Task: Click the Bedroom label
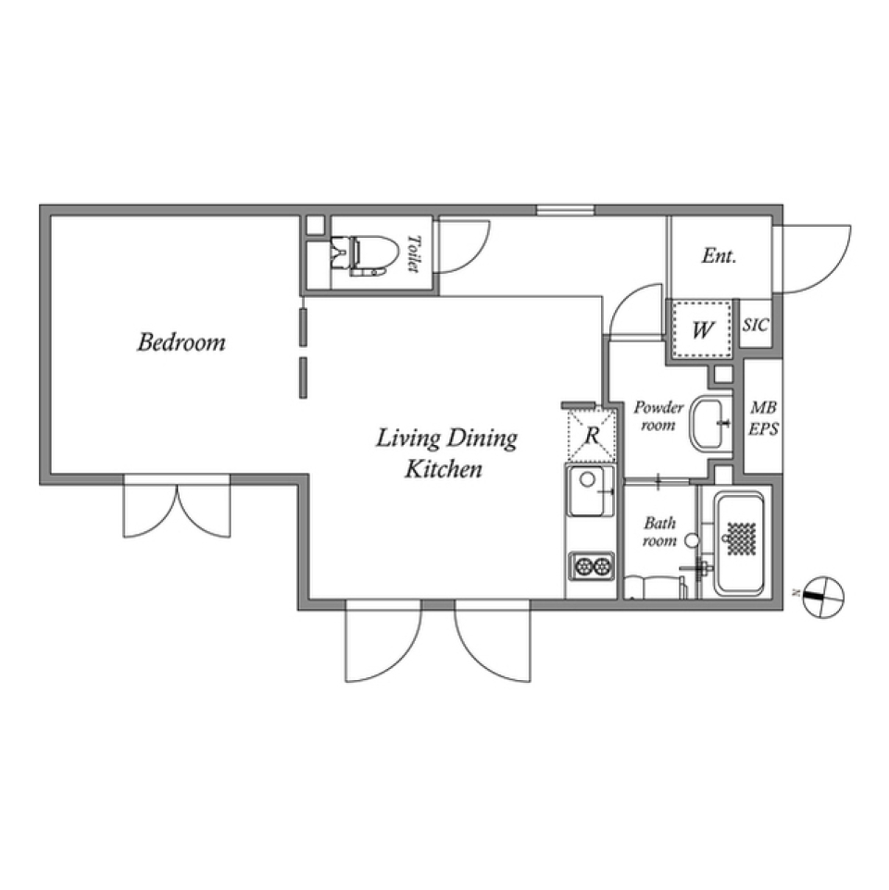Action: (x=182, y=342)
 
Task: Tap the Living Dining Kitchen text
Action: (x=445, y=452)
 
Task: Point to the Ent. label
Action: (x=719, y=256)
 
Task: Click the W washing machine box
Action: (x=703, y=329)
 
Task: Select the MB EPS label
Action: (x=764, y=418)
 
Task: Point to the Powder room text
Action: (x=658, y=416)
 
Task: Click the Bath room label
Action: (x=659, y=531)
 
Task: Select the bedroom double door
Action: (x=177, y=509)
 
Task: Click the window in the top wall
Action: (x=565, y=210)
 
